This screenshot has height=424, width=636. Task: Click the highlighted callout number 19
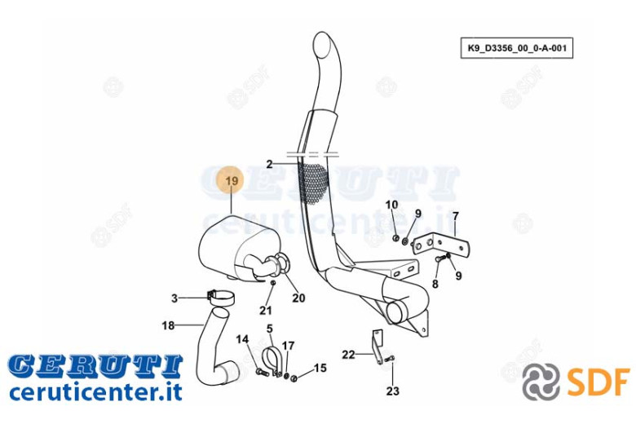click(232, 180)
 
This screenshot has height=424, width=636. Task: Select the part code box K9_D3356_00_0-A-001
click(517, 48)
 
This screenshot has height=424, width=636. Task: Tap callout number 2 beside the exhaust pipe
click(269, 165)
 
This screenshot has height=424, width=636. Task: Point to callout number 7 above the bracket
click(456, 216)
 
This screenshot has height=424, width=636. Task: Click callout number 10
click(391, 205)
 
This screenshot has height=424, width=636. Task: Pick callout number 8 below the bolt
click(435, 284)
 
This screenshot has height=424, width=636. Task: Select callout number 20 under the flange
click(298, 298)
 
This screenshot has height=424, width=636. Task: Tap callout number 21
click(266, 311)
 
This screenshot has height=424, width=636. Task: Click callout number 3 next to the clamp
click(174, 298)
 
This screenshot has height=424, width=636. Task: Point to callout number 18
click(168, 325)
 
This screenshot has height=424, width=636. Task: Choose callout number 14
click(242, 339)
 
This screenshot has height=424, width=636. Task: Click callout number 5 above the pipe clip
click(270, 329)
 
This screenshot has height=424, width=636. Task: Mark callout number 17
click(288, 346)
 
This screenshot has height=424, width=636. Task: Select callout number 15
click(320, 368)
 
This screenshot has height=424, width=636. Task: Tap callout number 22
click(348, 355)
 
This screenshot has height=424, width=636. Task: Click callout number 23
click(393, 391)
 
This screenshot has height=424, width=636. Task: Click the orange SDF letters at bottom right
click(598, 382)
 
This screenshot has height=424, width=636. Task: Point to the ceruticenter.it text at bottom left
click(95, 392)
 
